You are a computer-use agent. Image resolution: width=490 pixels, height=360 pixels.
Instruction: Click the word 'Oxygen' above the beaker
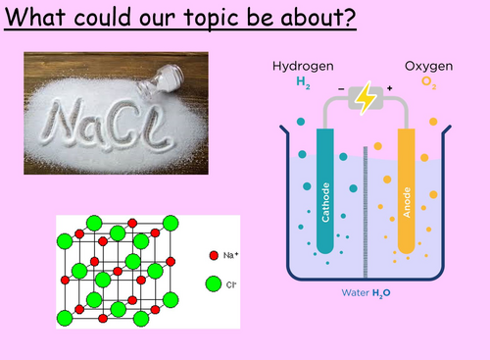point(428,66)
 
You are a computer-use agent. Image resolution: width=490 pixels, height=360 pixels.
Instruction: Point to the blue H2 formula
point(302,82)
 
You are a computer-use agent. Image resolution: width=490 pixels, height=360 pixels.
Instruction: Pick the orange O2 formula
point(429,82)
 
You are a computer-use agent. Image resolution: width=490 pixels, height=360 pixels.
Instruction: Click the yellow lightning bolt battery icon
point(364,99)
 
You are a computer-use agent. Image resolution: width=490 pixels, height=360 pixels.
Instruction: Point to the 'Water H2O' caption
point(364,293)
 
